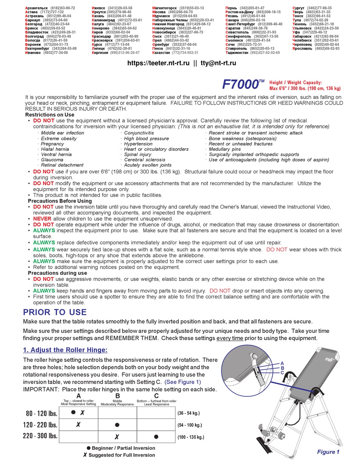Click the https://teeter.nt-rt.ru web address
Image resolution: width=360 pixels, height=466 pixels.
158,63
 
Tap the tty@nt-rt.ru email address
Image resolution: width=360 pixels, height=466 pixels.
218,63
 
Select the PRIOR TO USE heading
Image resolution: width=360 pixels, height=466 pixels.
55,312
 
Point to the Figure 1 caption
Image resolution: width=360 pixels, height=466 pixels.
328,452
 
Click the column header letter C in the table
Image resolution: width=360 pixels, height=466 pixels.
157,396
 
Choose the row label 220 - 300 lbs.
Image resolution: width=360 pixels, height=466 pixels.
40,436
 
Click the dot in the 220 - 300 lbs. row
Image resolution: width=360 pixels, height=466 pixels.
156,436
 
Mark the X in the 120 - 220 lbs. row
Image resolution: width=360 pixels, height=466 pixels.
78,425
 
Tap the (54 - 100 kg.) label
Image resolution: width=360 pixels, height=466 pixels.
189,425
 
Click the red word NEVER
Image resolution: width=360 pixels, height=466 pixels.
42,219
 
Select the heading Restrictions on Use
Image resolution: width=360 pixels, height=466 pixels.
50,115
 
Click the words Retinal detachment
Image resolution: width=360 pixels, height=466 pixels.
62,165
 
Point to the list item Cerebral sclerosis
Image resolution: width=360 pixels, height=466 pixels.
145,160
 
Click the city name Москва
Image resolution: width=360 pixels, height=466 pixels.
159,12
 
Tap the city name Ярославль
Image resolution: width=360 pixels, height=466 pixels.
303,48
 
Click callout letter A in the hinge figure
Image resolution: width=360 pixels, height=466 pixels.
282,363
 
